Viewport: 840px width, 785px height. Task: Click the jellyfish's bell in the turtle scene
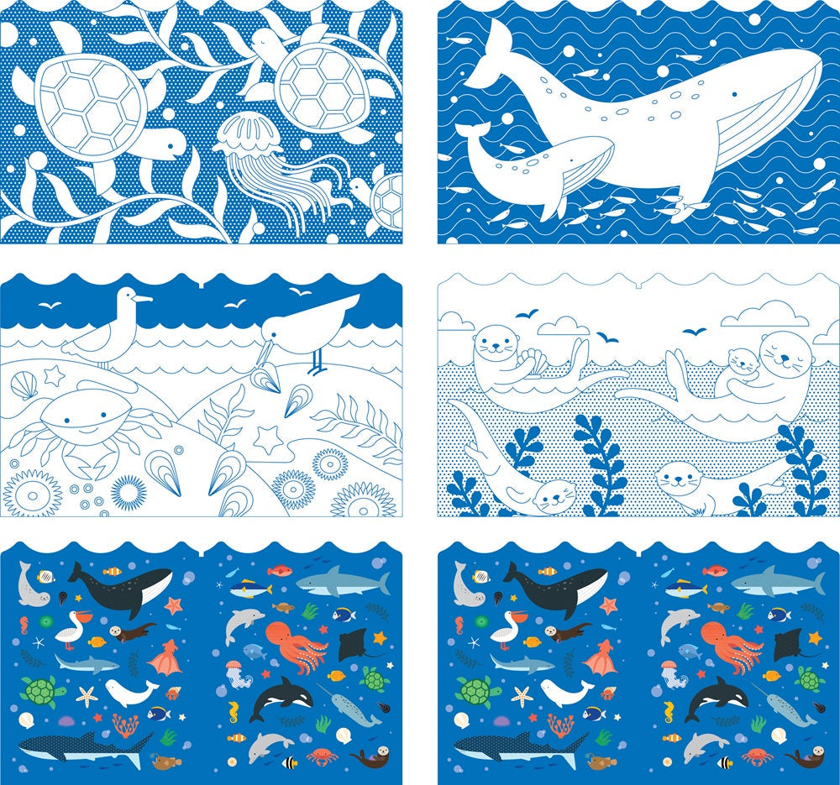(244, 134)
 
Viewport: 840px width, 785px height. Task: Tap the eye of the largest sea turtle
(171, 145)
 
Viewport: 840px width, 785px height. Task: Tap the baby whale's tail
(472, 135)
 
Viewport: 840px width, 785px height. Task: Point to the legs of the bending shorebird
(316, 361)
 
